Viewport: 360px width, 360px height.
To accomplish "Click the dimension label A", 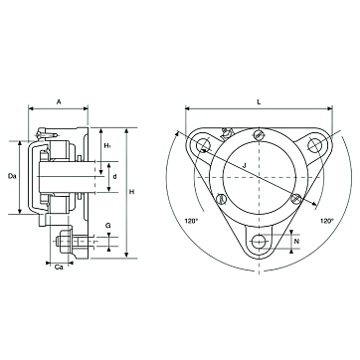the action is coord(59,102).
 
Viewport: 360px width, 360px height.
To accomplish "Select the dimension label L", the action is coord(259,102).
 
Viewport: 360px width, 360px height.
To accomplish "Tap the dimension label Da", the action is coord(12,176).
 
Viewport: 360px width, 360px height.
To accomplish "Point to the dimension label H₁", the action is coord(107,145).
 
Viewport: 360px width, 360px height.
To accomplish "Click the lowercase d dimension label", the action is coord(114,177).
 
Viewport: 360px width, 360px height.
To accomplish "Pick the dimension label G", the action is coord(108,226).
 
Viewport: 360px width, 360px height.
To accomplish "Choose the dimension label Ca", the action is coord(59,268).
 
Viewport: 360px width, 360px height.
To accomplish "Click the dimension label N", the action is coord(297,242).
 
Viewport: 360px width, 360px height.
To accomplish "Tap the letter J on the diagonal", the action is coord(244,165).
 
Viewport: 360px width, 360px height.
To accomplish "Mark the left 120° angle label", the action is coord(191,221).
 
